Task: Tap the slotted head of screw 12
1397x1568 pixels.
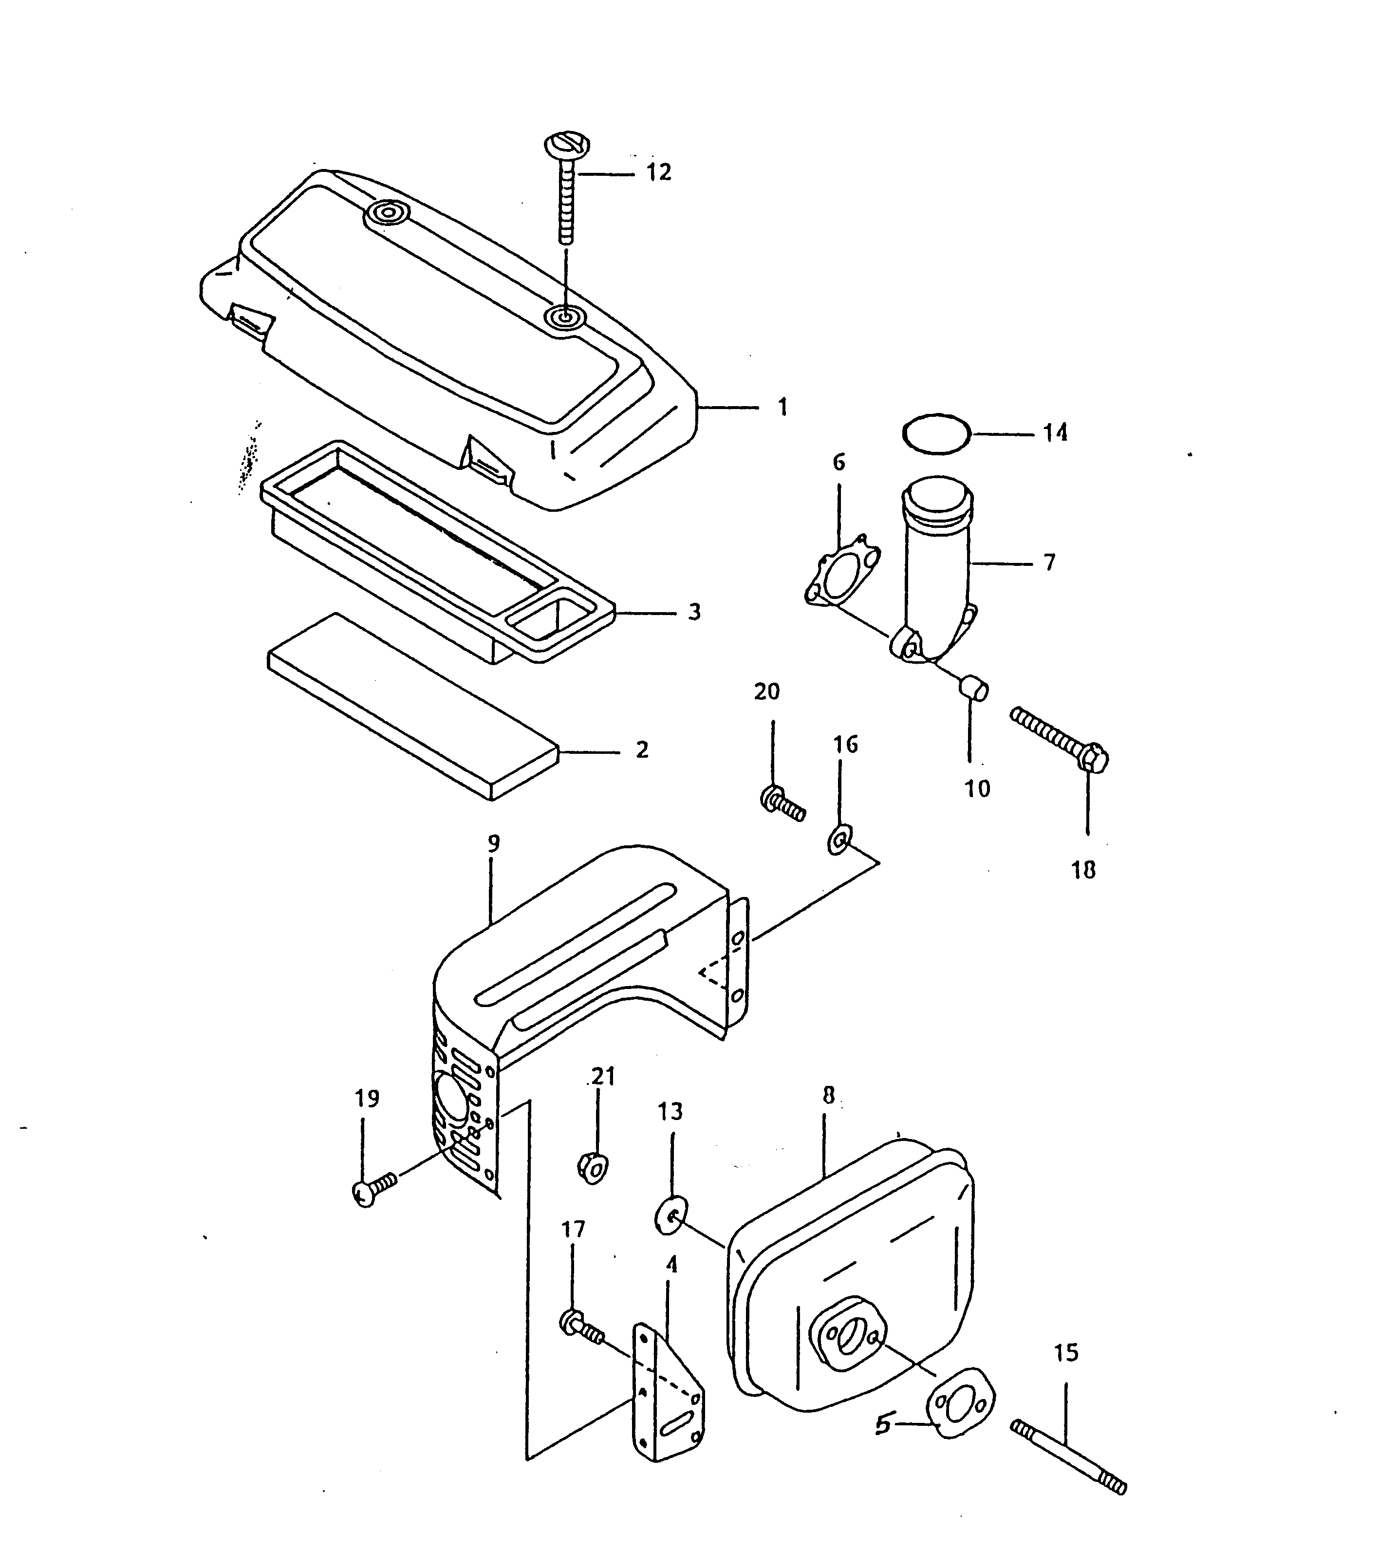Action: [567, 144]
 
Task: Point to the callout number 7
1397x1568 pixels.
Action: [1050, 562]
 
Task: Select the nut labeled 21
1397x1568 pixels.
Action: [592, 1167]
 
